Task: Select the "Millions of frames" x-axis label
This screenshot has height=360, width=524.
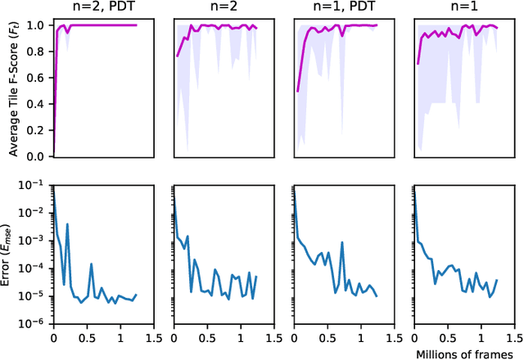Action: (458, 353)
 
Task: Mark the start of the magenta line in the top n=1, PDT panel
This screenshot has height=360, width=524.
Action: (298, 91)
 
